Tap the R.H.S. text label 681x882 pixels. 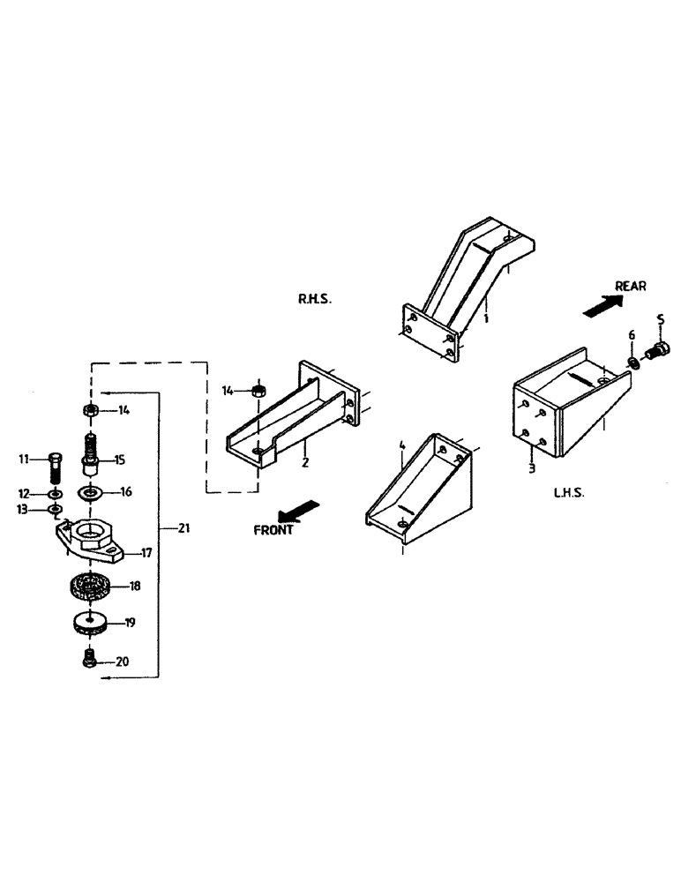(x=314, y=300)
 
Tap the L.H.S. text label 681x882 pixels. (x=571, y=494)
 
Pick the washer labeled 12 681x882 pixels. (x=55, y=493)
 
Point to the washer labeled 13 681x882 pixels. (x=55, y=509)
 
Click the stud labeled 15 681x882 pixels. (x=90, y=453)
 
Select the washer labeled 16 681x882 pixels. (x=89, y=491)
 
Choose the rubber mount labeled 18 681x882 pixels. (x=89, y=585)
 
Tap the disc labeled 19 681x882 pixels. (x=89, y=624)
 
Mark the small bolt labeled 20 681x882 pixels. (x=87, y=659)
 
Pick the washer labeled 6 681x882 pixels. (x=632, y=361)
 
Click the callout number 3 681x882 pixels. (x=531, y=468)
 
